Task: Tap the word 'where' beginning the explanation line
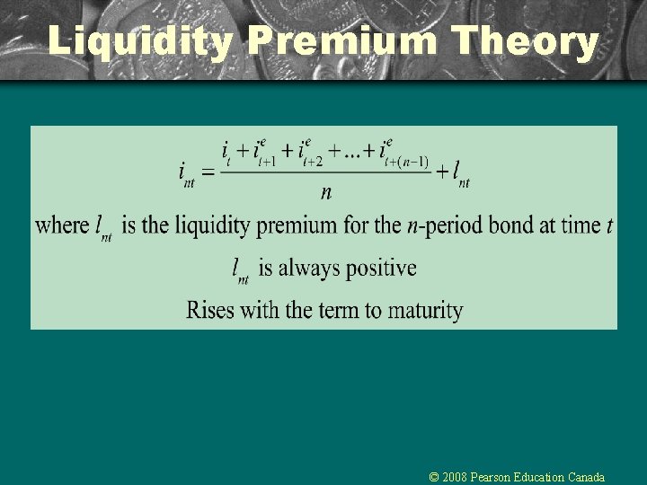pos(62,225)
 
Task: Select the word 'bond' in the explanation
pos(506,225)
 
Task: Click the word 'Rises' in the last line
pos(208,311)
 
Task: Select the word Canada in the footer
pos(585,477)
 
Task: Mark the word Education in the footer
pos(542,477)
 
